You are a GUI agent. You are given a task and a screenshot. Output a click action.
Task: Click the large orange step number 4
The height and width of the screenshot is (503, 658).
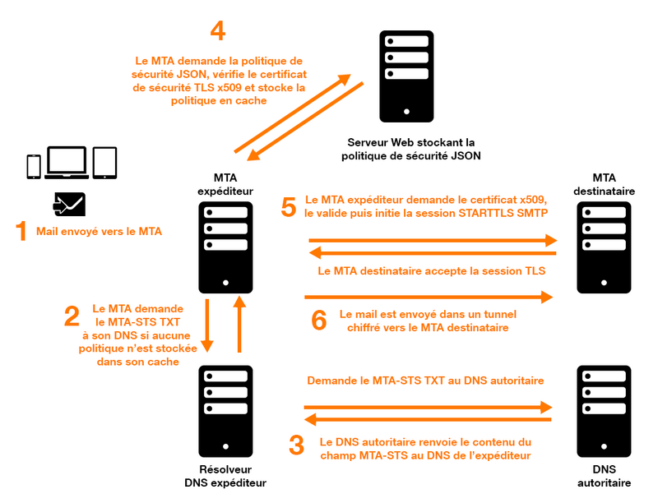point(217,31)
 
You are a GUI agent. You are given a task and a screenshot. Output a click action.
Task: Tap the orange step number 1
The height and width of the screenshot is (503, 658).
point(21,232)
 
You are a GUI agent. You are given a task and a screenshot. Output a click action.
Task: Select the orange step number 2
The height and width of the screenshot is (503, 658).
point(72,317)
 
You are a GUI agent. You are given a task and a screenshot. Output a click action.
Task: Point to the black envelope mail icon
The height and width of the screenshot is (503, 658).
point(69,202)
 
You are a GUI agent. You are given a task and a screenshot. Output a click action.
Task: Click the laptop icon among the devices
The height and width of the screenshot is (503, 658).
point(66,164)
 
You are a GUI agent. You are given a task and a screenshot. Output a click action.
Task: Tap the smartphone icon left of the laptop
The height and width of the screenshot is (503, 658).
point(34,166)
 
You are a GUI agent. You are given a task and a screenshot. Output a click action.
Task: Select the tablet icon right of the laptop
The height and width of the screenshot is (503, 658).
point(104,164)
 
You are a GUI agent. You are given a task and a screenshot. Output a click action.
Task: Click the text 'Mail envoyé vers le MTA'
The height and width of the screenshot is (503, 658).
point(99,232)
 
